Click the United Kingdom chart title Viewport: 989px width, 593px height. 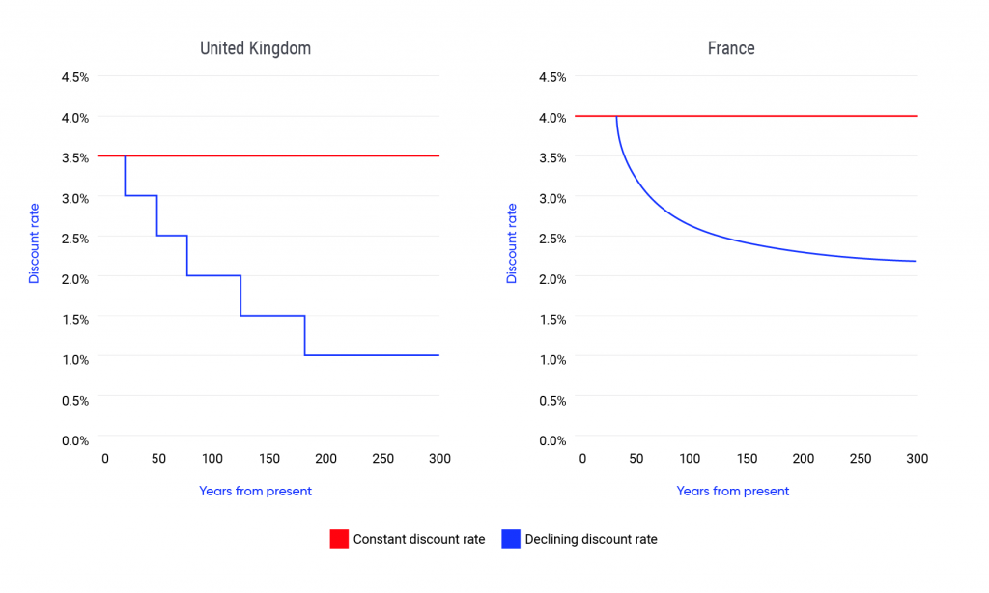(x=255, y=47)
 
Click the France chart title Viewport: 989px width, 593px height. (x=731, y=47)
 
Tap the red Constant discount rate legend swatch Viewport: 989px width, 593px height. (x=338, y=539)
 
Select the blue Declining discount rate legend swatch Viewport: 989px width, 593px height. (x=510, y=539)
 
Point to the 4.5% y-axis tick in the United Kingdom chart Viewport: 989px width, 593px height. (x=74, y=76)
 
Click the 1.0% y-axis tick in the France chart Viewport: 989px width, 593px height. (x=553, y=359)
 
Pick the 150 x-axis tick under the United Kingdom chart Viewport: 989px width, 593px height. (x=269, y=459)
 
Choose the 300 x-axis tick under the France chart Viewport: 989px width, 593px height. (x=917, y=459)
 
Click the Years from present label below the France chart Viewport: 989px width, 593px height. (x=732, y=491)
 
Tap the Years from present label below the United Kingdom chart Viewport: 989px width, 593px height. (x=255, y=491)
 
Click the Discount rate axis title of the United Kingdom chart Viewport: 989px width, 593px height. (x=34, y=242)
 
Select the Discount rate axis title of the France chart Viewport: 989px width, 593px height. (x=512, y=242)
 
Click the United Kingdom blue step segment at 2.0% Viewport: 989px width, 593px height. (x=213, y=275)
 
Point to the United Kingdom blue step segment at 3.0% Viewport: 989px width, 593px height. (x=141, y=196)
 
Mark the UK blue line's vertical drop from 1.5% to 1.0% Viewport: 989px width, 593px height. (x=305, y=336)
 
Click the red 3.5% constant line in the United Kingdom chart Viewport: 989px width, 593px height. (x=290, y=155)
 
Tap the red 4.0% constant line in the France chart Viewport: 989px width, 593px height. (x=773, y=116)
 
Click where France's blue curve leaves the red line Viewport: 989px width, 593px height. (x=616, y=117)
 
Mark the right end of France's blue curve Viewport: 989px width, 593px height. (x=915, y=261)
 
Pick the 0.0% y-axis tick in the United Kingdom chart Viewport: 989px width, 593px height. (x=74, y=439)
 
